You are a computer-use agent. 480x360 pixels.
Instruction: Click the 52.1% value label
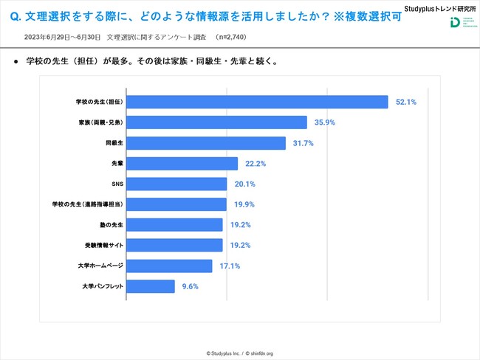point(405,102)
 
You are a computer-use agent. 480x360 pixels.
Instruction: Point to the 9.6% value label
point(189,285)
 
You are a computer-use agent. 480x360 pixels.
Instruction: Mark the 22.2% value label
point(255,163)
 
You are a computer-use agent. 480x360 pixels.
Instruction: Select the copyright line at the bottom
point(240,353)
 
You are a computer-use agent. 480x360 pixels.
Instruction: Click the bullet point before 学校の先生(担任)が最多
point(16,62)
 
